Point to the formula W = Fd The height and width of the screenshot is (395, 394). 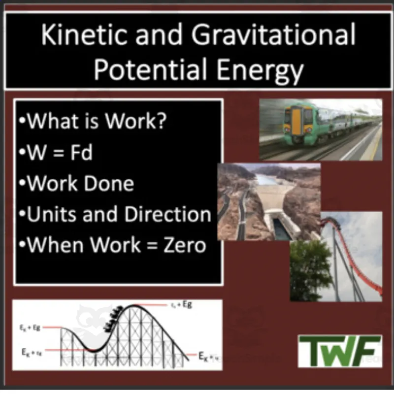click(60, 153)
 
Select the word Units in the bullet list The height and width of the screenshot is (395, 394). click(52, 214)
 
